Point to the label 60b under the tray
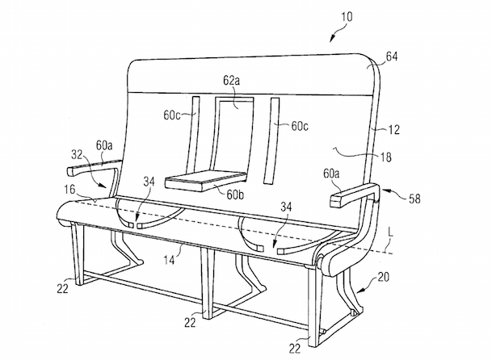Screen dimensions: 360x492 tap(236, 195)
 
